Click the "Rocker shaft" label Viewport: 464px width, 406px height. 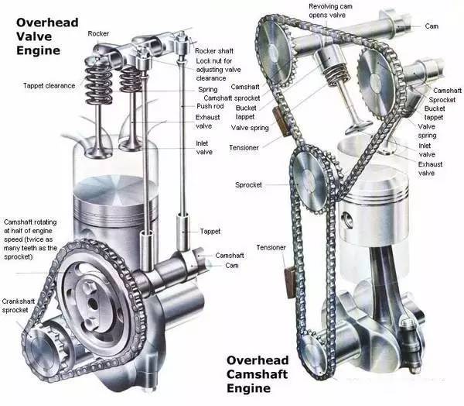click(214, 51)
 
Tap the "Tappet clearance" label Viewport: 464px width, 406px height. click(49, 86)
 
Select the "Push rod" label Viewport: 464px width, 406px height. click(210, 106)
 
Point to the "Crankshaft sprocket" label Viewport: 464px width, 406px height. click(19, 306)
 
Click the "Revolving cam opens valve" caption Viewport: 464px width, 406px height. click(330, 11)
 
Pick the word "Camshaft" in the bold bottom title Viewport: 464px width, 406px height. click(257, 374)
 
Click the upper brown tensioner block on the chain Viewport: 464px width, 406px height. click(279, 122)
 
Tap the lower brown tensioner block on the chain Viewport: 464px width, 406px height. click(289, 282)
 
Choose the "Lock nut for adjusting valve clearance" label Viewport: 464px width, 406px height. click(218, 70)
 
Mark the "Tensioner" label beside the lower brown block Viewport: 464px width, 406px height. click(271, 247)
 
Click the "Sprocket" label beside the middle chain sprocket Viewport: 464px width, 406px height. click(248, 184)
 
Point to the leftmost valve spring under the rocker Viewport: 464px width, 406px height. click(98, 80)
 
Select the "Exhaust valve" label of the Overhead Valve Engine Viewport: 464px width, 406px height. click(207, 122)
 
